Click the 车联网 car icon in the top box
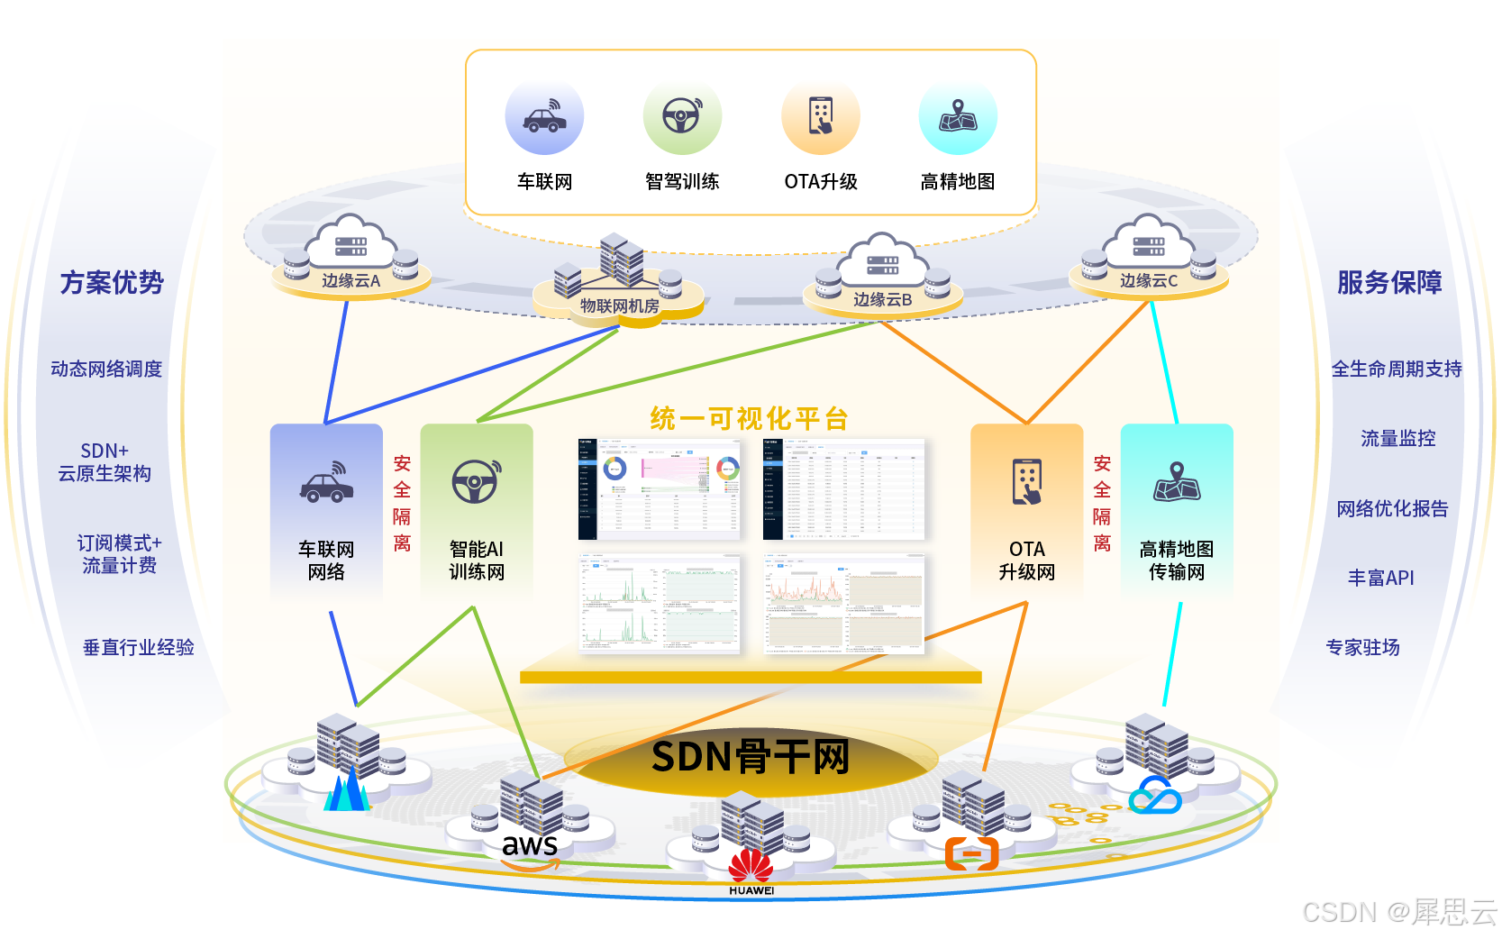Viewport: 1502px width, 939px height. (x=544, y=117)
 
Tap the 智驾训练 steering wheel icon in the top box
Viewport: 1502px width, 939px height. (x=682, y=116)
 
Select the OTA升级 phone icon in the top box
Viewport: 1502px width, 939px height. (x=821, y=116)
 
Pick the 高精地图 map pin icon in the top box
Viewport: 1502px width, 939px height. (x=958, y=116)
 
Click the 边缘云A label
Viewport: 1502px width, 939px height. (x=351, y=281)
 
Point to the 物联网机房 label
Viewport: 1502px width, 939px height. (x=619, y=306)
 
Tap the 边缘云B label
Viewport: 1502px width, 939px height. (x=882, y=299)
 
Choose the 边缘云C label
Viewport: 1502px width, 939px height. (x=1148, y=281)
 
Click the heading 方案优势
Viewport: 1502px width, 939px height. (x=112, y=283)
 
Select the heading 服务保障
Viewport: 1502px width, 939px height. (x=1388, y=283)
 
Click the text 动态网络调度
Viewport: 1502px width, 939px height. (x=106, y=369)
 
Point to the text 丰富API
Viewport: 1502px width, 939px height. (x=1380, y=578)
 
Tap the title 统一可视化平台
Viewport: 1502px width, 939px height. (x=749, y=419)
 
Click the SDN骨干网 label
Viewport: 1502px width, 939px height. (x=751, y=757)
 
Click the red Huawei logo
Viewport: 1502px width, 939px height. (x=751, y=867)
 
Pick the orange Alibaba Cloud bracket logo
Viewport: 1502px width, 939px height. (x=971, y=852)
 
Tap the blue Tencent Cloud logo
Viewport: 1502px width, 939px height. (x=1155, y=796)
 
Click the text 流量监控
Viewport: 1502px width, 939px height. (x=1397, y=439)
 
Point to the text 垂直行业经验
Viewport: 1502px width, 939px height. (x=139, y=647)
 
